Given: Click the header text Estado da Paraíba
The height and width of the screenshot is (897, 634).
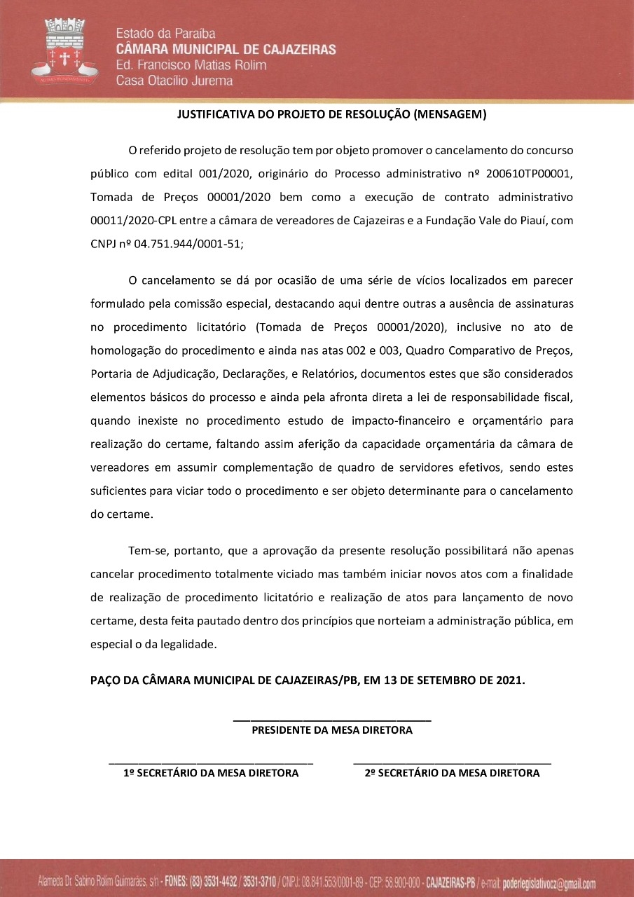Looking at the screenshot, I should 165,34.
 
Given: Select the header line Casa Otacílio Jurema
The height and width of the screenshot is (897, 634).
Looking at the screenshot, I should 174,81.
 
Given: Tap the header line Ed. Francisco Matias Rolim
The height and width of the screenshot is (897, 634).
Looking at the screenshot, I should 191,65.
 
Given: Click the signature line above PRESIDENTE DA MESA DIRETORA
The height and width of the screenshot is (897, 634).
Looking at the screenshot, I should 331,720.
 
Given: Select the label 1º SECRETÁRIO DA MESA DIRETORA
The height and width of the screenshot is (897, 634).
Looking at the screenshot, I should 211,773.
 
